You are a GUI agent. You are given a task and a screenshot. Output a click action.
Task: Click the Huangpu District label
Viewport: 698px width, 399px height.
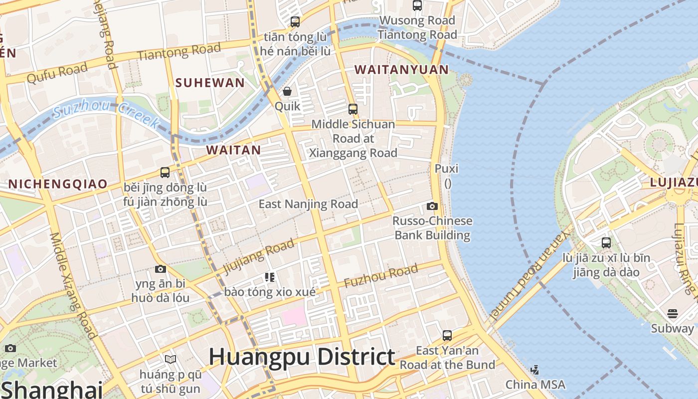coord(302,357)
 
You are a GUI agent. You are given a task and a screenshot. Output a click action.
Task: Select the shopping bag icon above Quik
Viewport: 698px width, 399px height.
coord(287,91)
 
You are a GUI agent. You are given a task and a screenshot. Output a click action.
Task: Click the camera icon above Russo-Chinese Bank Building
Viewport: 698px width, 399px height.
coord(432,206)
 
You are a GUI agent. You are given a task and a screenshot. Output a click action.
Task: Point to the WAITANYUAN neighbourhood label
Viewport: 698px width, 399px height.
coord(401,70)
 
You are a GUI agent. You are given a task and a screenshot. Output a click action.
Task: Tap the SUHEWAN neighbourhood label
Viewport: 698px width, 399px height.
coord(210,83)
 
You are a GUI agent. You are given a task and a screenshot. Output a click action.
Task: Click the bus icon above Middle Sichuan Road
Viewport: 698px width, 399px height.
coord(353,109)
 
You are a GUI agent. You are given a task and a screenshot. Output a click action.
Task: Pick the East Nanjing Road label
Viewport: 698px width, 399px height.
coord(308,204)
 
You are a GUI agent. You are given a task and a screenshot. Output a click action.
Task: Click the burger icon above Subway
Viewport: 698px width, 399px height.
coord(673,314)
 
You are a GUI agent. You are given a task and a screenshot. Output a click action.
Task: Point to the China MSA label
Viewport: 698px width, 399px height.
coord(535,385)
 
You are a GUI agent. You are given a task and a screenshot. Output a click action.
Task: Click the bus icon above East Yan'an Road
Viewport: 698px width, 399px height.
coord(447,335)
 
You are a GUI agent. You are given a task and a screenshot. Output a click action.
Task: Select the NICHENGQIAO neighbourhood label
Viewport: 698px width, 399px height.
coord(58,184)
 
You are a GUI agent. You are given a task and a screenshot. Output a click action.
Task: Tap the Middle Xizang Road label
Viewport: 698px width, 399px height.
coord(72,286)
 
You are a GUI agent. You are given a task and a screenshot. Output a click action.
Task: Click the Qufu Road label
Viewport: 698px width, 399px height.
coord(57,72)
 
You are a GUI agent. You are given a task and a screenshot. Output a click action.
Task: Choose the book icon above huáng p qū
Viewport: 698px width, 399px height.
coord(171,359)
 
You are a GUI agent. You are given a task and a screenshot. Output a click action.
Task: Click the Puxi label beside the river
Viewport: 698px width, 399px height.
coord(446,169)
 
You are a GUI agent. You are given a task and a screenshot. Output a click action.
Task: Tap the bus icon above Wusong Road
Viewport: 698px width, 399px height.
coord(417,5)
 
